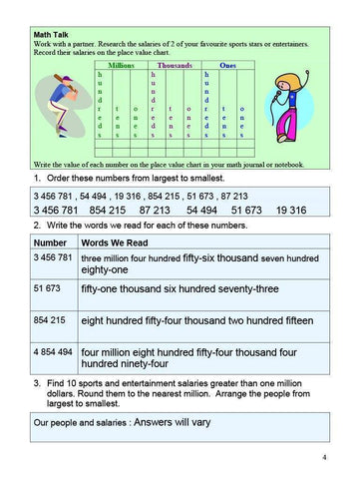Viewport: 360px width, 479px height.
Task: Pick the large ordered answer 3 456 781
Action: (x=61, y=212)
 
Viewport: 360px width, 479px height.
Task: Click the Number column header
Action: (x=49, y=242)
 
